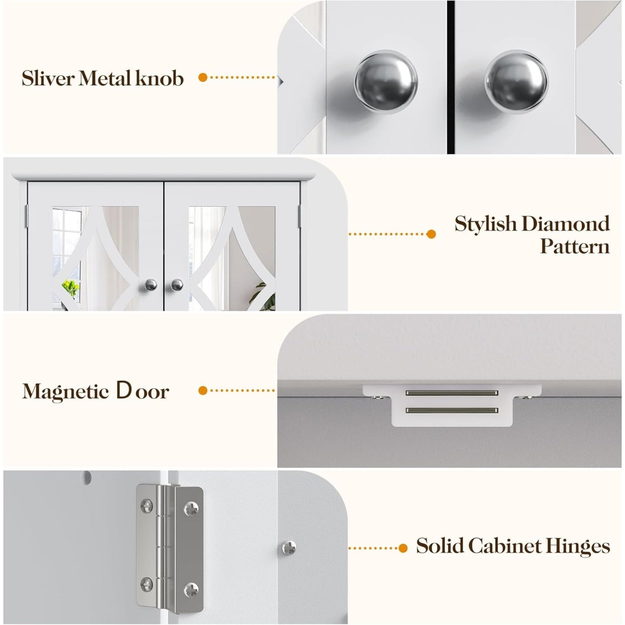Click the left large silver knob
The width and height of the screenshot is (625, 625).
[x=385, y=81]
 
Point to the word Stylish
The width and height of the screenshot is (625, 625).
[x=486, y=224]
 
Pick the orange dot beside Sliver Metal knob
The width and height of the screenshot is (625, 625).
[x=203, y=77]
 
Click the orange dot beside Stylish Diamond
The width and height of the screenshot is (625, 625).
[x=431, y=234]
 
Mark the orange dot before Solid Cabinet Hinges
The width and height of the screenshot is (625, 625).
[x=403, y=548]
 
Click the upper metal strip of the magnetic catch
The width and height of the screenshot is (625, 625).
[x=452, y=393]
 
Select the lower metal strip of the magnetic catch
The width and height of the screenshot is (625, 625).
[x=452, y=410]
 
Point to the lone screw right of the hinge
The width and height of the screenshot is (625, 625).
[x=289, y=547]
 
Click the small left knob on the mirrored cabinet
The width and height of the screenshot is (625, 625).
[x=151, y=285]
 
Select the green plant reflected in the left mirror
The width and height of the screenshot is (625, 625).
[x=70, y=288]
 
